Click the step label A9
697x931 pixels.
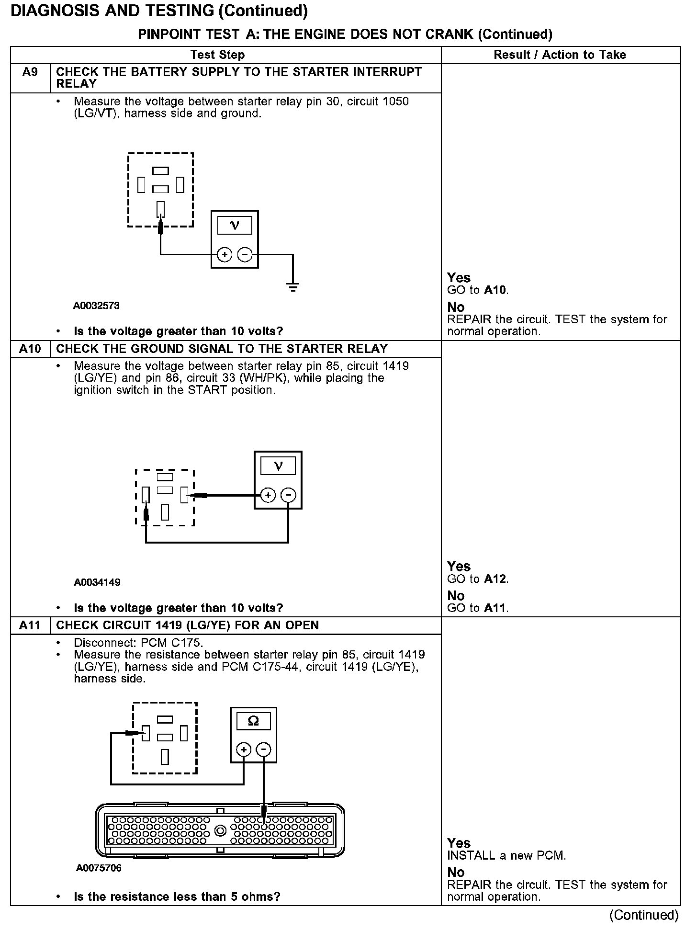click(x=30, y=72)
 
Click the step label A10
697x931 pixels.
click(x=30, y=349)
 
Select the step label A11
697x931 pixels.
click(x=30, y=625)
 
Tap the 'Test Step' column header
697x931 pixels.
click(x=217, y=55)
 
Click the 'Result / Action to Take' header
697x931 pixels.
click(x=560, y=55)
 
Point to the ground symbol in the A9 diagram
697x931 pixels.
click(x=292, y=287)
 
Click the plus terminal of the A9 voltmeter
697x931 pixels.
click(x=225, y=255)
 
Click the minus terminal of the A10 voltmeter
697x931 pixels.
click(x=288, y=495)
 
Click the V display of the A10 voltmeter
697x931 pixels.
click(x=278, y=465)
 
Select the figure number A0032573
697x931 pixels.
click(x=96, y=306)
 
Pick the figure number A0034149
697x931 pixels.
click(x=97, y=582)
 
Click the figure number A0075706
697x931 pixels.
click(x=99, y=868)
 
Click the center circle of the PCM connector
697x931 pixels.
click(x=220, y=831)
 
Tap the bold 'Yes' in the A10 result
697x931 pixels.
click(x=459, y=567)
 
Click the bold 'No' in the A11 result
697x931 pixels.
click(x=456, y=872)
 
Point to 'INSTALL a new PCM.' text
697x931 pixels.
click(x=506, y=855)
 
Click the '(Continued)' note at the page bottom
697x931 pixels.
click(x=643, y=915)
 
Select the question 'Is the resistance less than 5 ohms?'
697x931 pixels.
click(x=177, y=897)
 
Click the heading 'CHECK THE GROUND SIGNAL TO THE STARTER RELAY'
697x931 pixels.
click(x=222, y=349)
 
